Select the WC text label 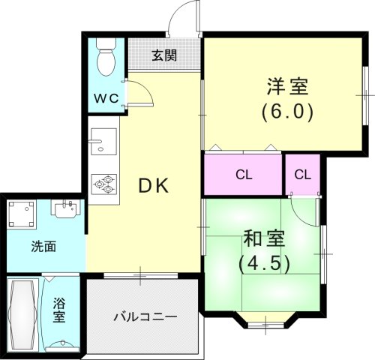(105, 98)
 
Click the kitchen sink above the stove (102, 141)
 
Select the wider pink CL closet (242, 175)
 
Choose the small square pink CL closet (302, 175)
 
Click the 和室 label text (265, 239)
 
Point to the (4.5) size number (265, 265)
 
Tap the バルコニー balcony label (144, 316)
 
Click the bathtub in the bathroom (24, 313)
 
